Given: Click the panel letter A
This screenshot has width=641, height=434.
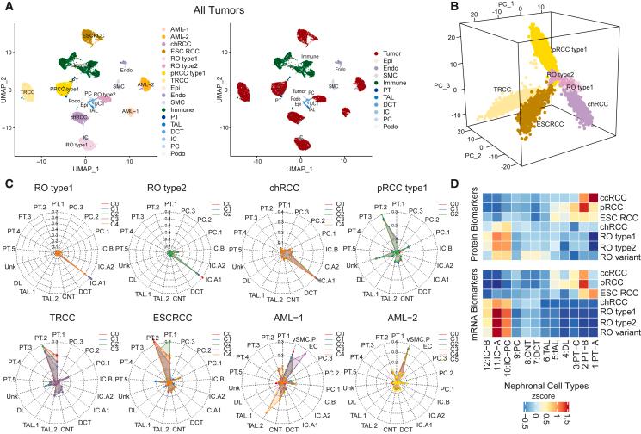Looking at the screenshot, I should coord(7,6).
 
